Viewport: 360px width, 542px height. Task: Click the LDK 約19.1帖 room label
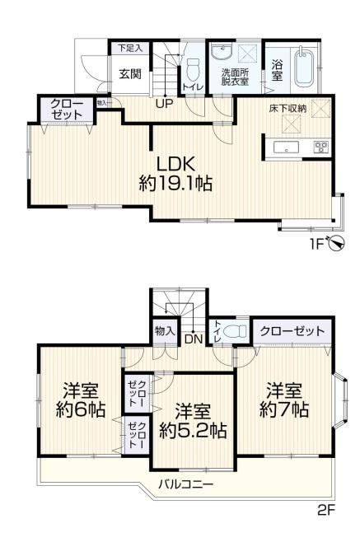(x=175, y=174)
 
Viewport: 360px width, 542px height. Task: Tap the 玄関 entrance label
(x=130, y=74)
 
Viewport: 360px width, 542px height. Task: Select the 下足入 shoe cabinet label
(x=129, y=48)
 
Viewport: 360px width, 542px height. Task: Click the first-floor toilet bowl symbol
(x=193, y=69)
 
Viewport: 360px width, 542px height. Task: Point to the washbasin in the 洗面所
(x=222, y=52)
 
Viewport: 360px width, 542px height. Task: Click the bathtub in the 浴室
(x=303, y=68)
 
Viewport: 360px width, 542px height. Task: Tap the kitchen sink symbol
(x=287, y=148)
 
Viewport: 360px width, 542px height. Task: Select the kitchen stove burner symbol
(x=321, y=147)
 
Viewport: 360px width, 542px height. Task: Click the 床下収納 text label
(x=288, y=109)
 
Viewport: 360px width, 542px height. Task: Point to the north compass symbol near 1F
(x=336, y=243)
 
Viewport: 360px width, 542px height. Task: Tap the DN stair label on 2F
(x=193, y=339)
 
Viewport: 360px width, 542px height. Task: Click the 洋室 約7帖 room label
(x=283, y=399)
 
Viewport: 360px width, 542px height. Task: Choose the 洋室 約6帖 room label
(x=80, y=399)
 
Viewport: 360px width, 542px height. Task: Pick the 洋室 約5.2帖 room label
(x=193, y=420)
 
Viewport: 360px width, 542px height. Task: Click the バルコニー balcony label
(x=185, y=484)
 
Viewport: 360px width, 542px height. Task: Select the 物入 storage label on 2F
(x=165, y=331)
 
